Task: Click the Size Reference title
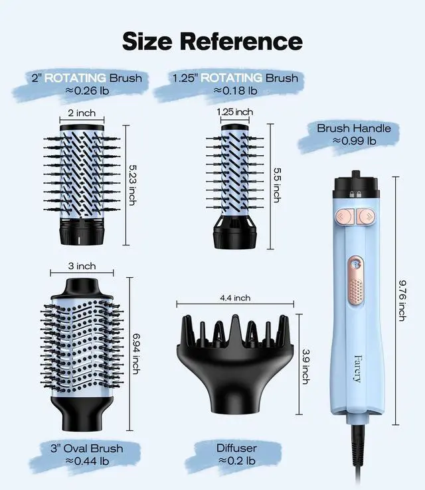pyautogui.click(x=212, y=40)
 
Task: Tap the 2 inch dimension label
pyautogui.click(x=82, y=113)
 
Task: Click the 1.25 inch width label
pyautogui.click(x=234, y=111)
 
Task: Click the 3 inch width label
pyautogui.click(x=82, y=266)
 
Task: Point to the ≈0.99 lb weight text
pyautogui.click(x=354, y=141)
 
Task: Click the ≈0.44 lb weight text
pyautogui.click(x=87, y=461)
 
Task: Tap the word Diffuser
pyautogui.click(x=236, y=448)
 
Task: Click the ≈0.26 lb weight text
pyautogui.click(x=87, y=91)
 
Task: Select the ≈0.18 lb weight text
pyautogui.click(x=226, y=91)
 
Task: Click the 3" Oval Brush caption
pyautogui.click(x=87, y=448)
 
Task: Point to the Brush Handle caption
pyautogui.click(x=354, y=128)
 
